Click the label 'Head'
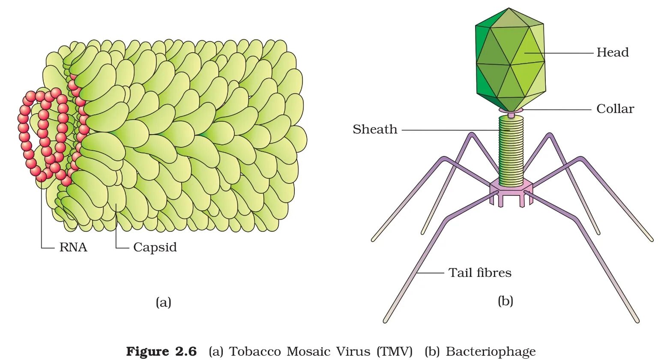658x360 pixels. click(x=612, y=53)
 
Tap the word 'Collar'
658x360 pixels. click(x=615, y=109)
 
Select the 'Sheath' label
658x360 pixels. click(x=375, y=129)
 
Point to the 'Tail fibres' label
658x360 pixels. click(x=480, y=273)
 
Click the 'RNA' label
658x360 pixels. click(x=73, y=247)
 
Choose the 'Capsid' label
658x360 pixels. click(x=155, y=247)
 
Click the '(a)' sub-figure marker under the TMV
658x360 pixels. click(x=163, y=302)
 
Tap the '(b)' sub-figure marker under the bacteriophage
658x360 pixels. click(x=505, y=301)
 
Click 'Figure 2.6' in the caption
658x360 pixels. click(x=161, y=351)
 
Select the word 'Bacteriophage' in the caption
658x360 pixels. click(x=491, y=351)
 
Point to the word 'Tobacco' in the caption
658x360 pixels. click(x=255, y=351)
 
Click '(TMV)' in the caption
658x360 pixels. click(x=395, y=351)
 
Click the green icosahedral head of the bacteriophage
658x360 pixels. click(x=510, y=60)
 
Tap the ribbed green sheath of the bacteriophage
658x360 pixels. click(x=511, y=150)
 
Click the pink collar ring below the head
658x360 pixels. click(x=511, y=111)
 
